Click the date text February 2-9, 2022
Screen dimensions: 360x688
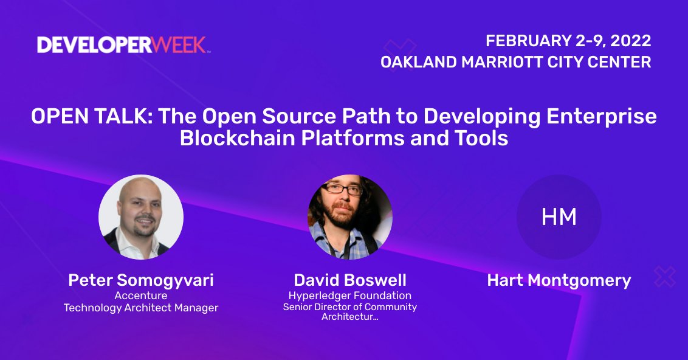pyautogui.click(x=568, y=41)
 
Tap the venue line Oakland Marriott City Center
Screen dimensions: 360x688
pyautogui.click(x=515, y=62)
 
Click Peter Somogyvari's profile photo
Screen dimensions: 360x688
pyautogui.click(x=141, y=217)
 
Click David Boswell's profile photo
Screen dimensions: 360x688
pyautogui.click(x=350, y=217)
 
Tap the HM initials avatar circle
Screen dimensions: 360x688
pyautogui.click(x=559, y=217)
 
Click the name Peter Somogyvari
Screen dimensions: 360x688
pyautogui.click(x=141, y=280)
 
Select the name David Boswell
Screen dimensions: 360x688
pyautogui.click(x=350, y=280)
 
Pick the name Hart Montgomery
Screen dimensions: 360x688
pyautogui.click(x=559, y=280)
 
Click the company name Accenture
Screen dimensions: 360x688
pyautogui.click(x=141, y=296)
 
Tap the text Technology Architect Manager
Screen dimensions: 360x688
pyautogui.click(x=141, y=308)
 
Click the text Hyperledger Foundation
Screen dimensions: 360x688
pyautogui.click(x=350, y=296)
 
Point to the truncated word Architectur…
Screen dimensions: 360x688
pyautogui.click(x=350, y=317)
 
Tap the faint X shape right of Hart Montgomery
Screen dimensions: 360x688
pyautogui.click(x=665, y=277)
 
